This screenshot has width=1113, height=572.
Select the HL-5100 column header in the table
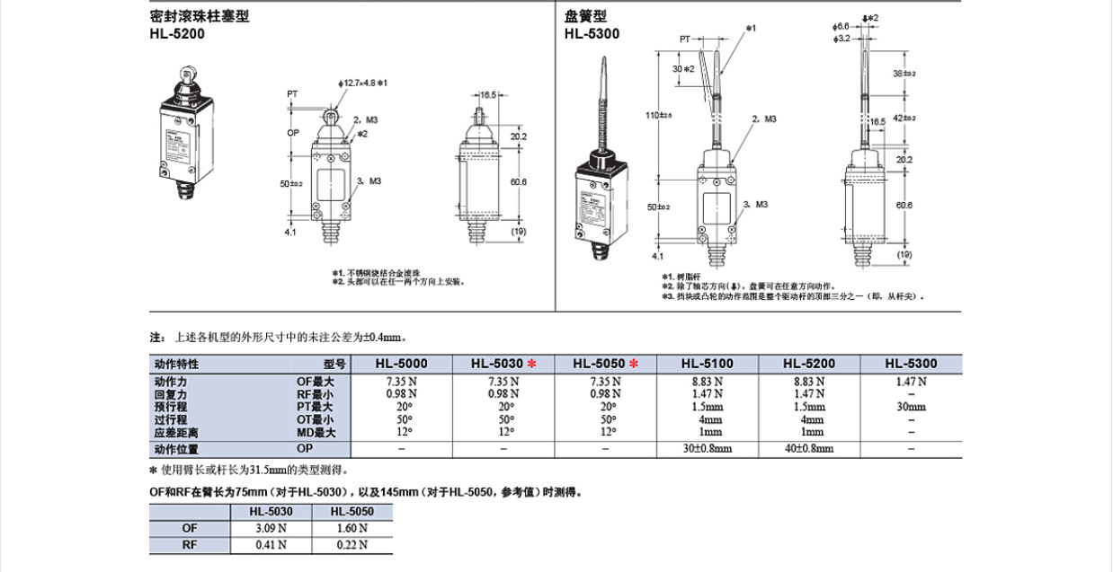coord(708,364)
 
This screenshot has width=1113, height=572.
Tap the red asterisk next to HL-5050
coord(634,364)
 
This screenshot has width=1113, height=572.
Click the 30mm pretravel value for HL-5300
coord(911,407)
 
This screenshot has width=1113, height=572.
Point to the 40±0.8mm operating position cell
coord(809,449)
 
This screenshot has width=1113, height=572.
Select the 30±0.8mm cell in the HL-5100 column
coord(708,449)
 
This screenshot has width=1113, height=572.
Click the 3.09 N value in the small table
coord(272,528)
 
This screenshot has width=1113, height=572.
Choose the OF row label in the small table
coord(190,528)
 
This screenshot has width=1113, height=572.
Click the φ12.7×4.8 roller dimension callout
coord(361,84)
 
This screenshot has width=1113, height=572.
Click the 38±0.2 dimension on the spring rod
coord(904,75)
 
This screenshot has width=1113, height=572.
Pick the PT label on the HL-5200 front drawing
coord(292,93)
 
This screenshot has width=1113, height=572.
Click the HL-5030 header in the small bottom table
coord(272,511)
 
